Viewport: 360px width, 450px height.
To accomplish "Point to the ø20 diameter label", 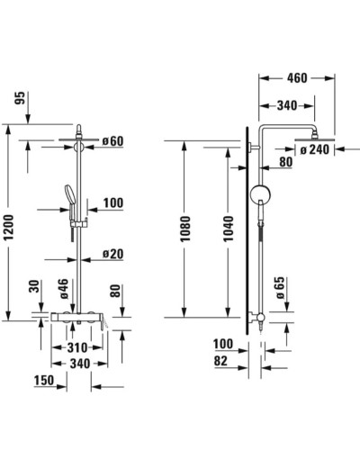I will coord(112,255).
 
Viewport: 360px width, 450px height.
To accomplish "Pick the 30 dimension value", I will coord(35,289).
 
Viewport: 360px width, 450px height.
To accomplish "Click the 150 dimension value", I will coord(42,382).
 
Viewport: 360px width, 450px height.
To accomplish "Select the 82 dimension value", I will coord(221,361).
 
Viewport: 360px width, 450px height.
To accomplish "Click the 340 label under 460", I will coord(288,106).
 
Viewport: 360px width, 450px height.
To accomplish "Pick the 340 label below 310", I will coord(80,364).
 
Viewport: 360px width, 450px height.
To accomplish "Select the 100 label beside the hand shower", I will coord(112,203).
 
